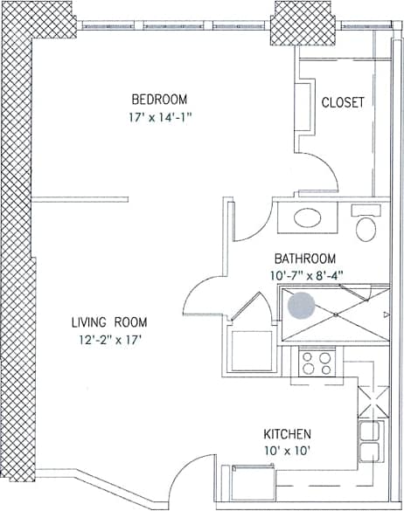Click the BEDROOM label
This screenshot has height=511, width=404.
coord(159,98)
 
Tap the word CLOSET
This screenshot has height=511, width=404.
coord(343,102)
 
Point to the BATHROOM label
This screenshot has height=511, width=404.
coord(305,259)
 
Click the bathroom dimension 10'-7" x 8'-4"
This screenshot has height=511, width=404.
coord(307,273)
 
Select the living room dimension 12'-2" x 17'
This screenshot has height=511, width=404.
coord(106,340)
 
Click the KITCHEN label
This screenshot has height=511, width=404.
coord(288,434)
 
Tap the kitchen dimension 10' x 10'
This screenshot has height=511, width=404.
coord(288,451)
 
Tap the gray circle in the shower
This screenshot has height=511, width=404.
coord(302,306)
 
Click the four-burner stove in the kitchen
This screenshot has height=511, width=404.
coord(317,363)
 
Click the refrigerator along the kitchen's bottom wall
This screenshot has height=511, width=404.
coord(248,481)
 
